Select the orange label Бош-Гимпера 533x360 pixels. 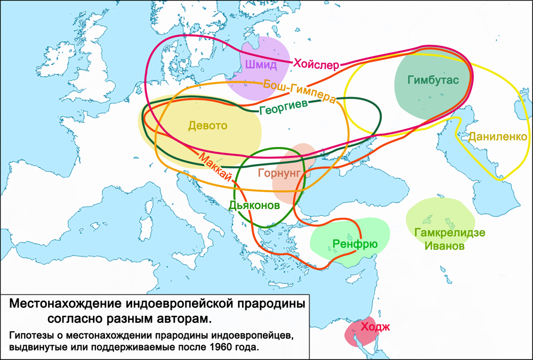300,91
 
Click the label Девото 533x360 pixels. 207,126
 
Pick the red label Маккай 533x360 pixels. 215,167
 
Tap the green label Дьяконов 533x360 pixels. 254,204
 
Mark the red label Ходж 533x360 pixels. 375,326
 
